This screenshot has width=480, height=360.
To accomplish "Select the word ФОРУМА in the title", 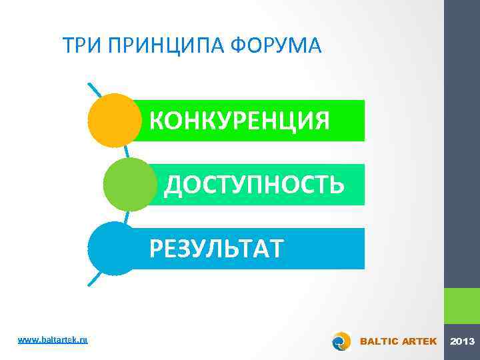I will pyautogui.click(x=275, y=47).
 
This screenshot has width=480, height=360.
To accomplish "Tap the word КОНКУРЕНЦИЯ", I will pyautogui.click(x=239, y=121).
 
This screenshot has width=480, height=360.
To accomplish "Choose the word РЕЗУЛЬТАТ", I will pyautogui.click(x=217, y=249).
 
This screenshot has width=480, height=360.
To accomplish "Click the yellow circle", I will pyautogui.click(x=114, y=120).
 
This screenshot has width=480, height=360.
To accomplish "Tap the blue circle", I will pyautogui.click(x=113, y=248).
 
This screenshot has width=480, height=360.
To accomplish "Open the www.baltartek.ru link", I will pyautogui.click(x=53, y=340).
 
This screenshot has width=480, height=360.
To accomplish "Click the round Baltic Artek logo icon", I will pyautogui.click(x=341, y=341).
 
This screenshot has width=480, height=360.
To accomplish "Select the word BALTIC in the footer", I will pyautogui.click(x=379, y=341).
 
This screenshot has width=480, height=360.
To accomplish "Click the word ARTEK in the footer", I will pyautogui.click(x=419, y=341).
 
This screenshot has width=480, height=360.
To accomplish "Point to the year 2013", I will pyautogui.click(x=462, y=341).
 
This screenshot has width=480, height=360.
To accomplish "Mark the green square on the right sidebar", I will pyautogui.click(x=462, y=306).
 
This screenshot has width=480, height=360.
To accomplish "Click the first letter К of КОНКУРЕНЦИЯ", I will pyautogui.click(x=157, y=121).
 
